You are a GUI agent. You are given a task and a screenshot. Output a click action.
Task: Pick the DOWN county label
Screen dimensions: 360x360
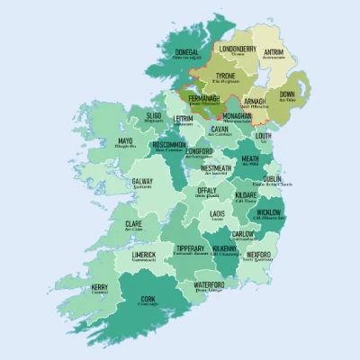tap(287, 94)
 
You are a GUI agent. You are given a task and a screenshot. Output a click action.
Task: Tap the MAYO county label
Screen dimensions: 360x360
tap(125, 141)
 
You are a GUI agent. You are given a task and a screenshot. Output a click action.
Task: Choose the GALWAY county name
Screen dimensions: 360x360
tap(142, 181)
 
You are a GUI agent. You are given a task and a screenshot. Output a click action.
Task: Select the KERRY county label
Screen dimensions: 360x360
tap(100, 288)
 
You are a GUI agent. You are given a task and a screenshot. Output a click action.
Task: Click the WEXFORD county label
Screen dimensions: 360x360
tap(258, 255)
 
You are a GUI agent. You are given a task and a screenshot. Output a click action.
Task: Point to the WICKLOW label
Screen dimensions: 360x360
tap(268, 212)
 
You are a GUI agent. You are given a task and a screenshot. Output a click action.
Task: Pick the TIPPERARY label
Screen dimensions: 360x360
tap(190, 248)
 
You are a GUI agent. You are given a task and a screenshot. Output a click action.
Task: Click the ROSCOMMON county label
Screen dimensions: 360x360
tap(170, 145)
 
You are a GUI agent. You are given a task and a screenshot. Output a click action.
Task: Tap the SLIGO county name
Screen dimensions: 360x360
tap(154, 116)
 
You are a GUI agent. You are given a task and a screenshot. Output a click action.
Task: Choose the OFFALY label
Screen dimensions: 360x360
tap(207, 191)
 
